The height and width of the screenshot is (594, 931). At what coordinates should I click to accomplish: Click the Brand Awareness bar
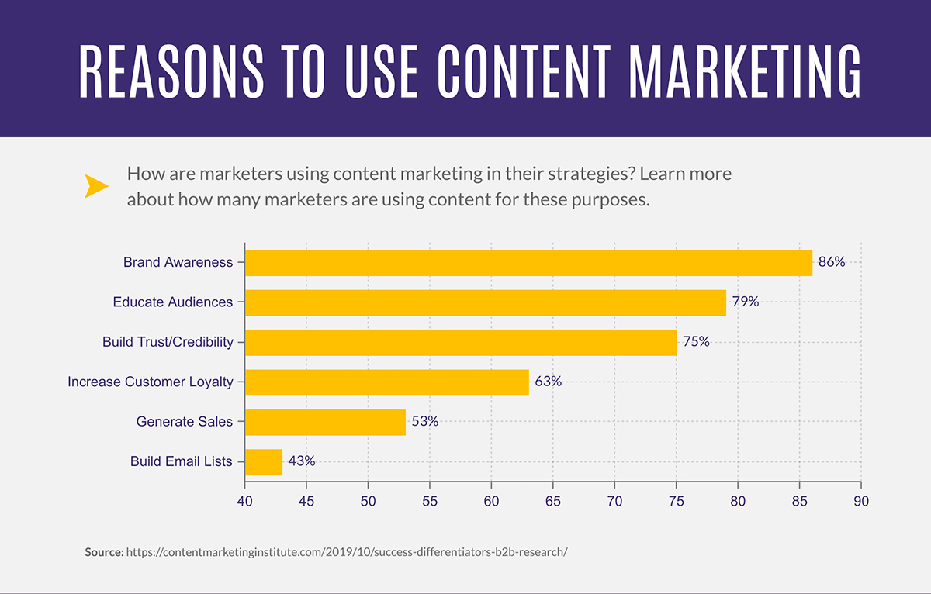pos(528,263)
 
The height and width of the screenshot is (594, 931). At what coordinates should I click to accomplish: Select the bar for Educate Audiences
pos(485,302)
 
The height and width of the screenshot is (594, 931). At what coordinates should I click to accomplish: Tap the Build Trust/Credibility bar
pos(460,342)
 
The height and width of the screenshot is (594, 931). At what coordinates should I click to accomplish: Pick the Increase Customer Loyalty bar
pos(386,382)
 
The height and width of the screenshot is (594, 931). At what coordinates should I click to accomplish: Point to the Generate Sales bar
pos(325,422)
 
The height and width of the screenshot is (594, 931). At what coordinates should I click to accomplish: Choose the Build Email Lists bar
pos(263,461)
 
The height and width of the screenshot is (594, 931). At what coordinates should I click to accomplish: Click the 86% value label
pos(831,262)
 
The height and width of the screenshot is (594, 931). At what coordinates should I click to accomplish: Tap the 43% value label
pos(301,461)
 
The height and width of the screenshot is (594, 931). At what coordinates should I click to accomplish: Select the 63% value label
pos(548,382)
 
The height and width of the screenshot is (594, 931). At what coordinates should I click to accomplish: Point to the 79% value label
pos(745,302)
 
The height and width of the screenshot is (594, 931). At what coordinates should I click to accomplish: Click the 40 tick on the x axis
pos(245,501)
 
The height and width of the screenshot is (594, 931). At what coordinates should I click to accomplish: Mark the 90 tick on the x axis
pos(860,501)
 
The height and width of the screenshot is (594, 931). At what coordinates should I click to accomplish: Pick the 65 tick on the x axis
pos(552,501)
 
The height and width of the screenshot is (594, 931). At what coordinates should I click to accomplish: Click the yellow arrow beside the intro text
pos(96,186)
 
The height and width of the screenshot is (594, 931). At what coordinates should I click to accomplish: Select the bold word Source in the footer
pos(104,552)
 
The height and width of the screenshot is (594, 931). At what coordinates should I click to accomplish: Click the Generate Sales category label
pos(184,422)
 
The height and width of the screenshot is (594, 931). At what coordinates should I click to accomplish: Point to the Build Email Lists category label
pos(181,461)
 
